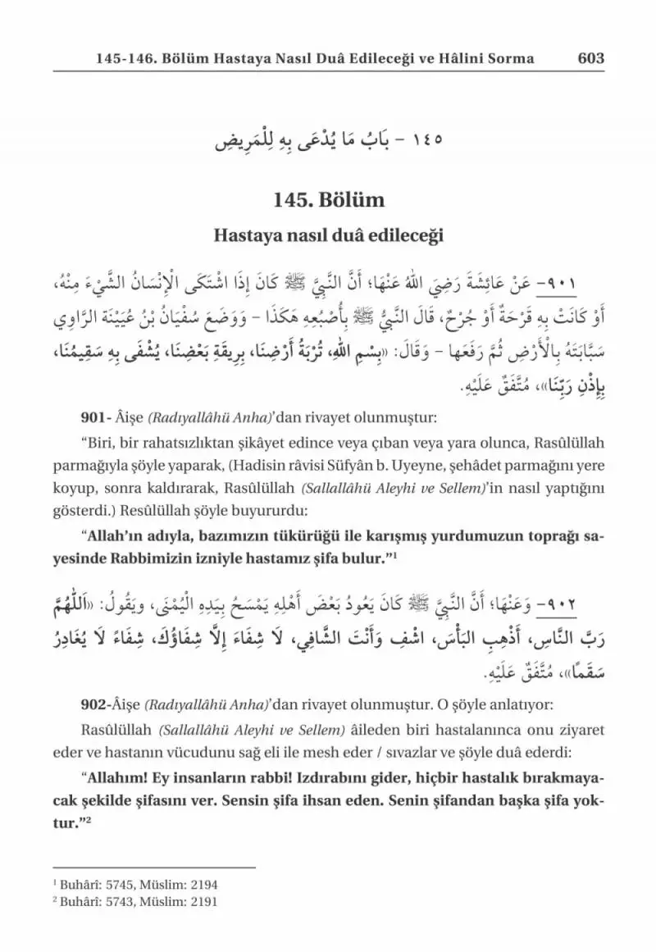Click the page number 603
click(590, 58)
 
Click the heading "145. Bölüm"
click(328, 201)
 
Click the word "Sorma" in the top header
click(512, 58)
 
